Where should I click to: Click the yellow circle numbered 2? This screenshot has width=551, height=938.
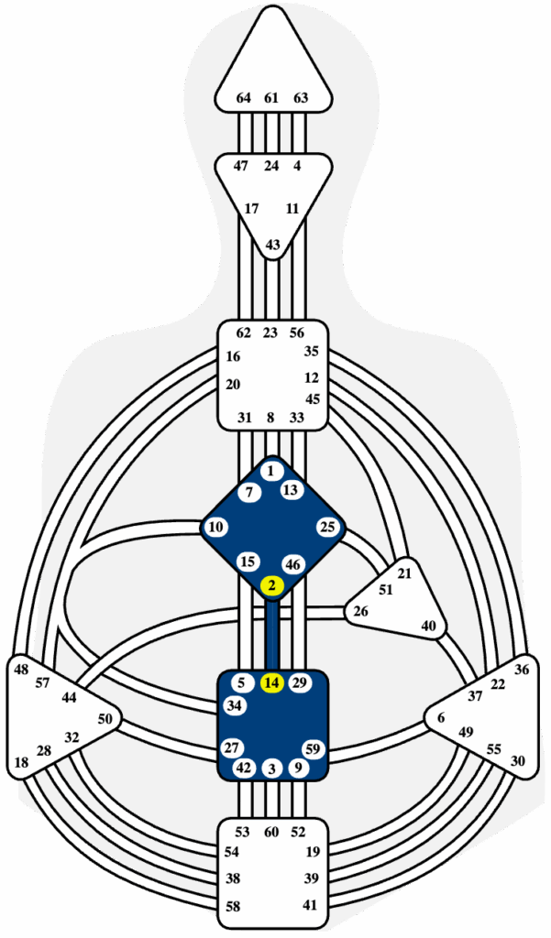272,585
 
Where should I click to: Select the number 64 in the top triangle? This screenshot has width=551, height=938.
243,98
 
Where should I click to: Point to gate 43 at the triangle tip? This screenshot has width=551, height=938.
272,245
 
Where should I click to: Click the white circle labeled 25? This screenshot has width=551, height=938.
327,527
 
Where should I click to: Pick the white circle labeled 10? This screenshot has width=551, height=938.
216,527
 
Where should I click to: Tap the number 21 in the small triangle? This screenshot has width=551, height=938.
405,573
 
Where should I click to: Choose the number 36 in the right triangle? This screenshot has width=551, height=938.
523,670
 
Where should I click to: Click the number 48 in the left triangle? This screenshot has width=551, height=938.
22,670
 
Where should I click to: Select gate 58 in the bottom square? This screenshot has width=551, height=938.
233,907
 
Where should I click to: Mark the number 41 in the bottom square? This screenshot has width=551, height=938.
310,905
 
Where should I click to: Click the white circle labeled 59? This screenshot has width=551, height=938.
314,749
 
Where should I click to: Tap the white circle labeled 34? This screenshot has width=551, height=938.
235,705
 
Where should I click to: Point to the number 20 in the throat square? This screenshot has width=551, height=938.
233,385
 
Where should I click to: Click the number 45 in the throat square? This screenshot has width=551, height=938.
313,399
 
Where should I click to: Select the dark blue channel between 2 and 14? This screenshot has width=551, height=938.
272,635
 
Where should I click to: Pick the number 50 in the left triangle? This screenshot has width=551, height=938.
105,719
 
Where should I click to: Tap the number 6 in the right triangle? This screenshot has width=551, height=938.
441,718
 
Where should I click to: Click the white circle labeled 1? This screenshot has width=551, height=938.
272,472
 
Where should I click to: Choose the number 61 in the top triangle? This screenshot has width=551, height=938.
271,98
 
